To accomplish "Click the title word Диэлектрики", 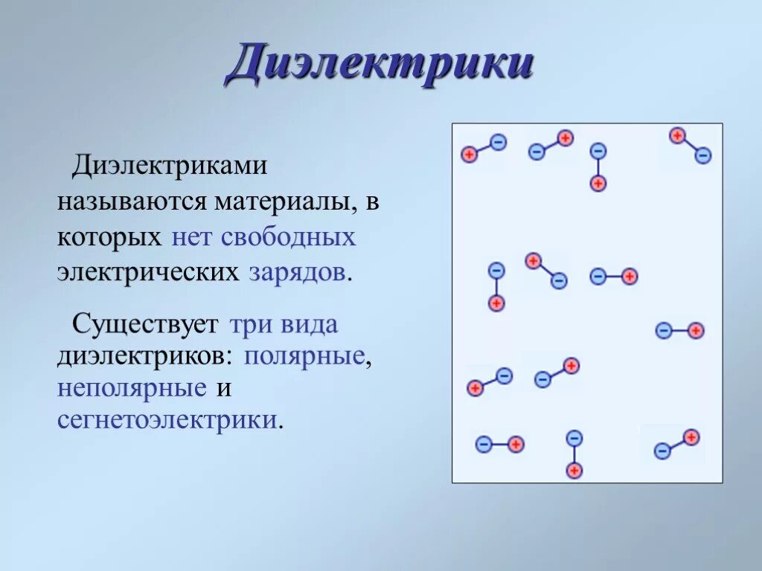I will click(380, 65).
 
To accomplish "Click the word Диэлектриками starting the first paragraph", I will click(169, 166).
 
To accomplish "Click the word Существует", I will click(145, 325).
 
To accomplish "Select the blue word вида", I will click(309, 325).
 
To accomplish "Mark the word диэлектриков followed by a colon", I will click(145, 355).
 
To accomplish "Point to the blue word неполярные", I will click(132, 387).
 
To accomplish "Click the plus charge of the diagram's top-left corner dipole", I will click(469, 155).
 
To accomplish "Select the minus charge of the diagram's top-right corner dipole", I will click(703, 155).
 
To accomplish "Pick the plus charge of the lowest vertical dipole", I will click(574, 470).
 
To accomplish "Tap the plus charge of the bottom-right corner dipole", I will click(691, 436).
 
